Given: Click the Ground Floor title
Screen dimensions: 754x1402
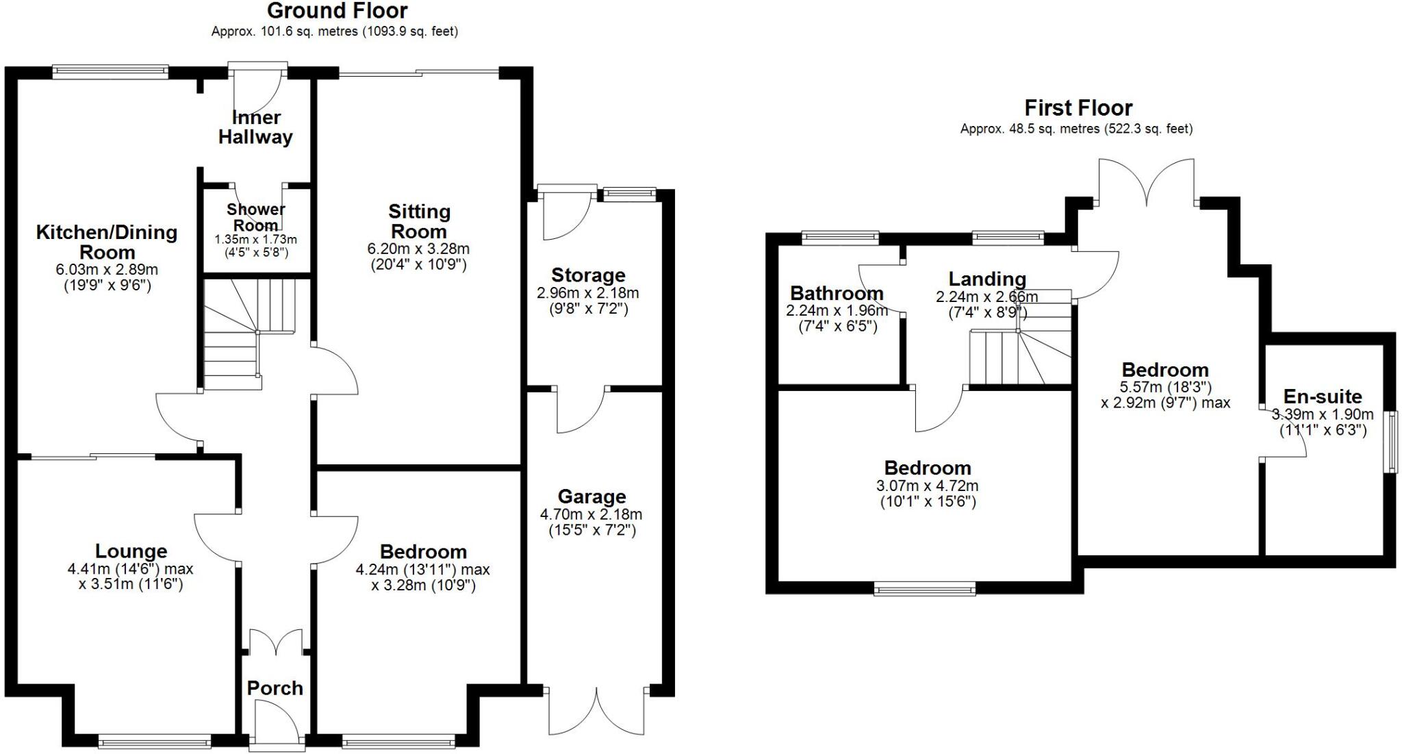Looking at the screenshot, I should tap(337, 11).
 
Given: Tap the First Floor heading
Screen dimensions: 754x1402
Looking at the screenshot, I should tap(1078, 108).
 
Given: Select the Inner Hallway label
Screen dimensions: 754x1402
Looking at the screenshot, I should tap(255, 127).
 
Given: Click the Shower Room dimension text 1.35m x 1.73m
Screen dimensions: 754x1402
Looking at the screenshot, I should tap(255, 240).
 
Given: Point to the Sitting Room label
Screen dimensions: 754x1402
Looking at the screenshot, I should tap(419, 221).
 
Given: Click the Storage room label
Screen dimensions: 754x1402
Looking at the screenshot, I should tap(588, 275).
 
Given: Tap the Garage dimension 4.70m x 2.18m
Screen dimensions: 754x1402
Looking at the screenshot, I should tap(591, 514).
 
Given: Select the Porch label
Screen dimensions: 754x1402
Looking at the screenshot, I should tap(275, 688).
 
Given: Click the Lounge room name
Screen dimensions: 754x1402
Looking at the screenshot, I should tap(131, 551).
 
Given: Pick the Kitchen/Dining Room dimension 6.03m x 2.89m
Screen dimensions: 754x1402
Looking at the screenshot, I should tap(107, 270).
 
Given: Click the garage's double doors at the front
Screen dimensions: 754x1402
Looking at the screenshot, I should tap(596, 712).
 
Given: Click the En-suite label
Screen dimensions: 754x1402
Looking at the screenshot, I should tap(1322, 397).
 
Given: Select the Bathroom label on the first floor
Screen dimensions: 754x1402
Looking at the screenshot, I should tap(836, 293).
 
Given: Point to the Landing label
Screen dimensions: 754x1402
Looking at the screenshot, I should tap(986, 279).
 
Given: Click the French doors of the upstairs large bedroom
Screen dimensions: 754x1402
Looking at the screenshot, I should tap(1147, 181).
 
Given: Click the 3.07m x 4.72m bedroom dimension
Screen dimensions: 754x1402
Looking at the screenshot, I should tap(927, 486).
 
